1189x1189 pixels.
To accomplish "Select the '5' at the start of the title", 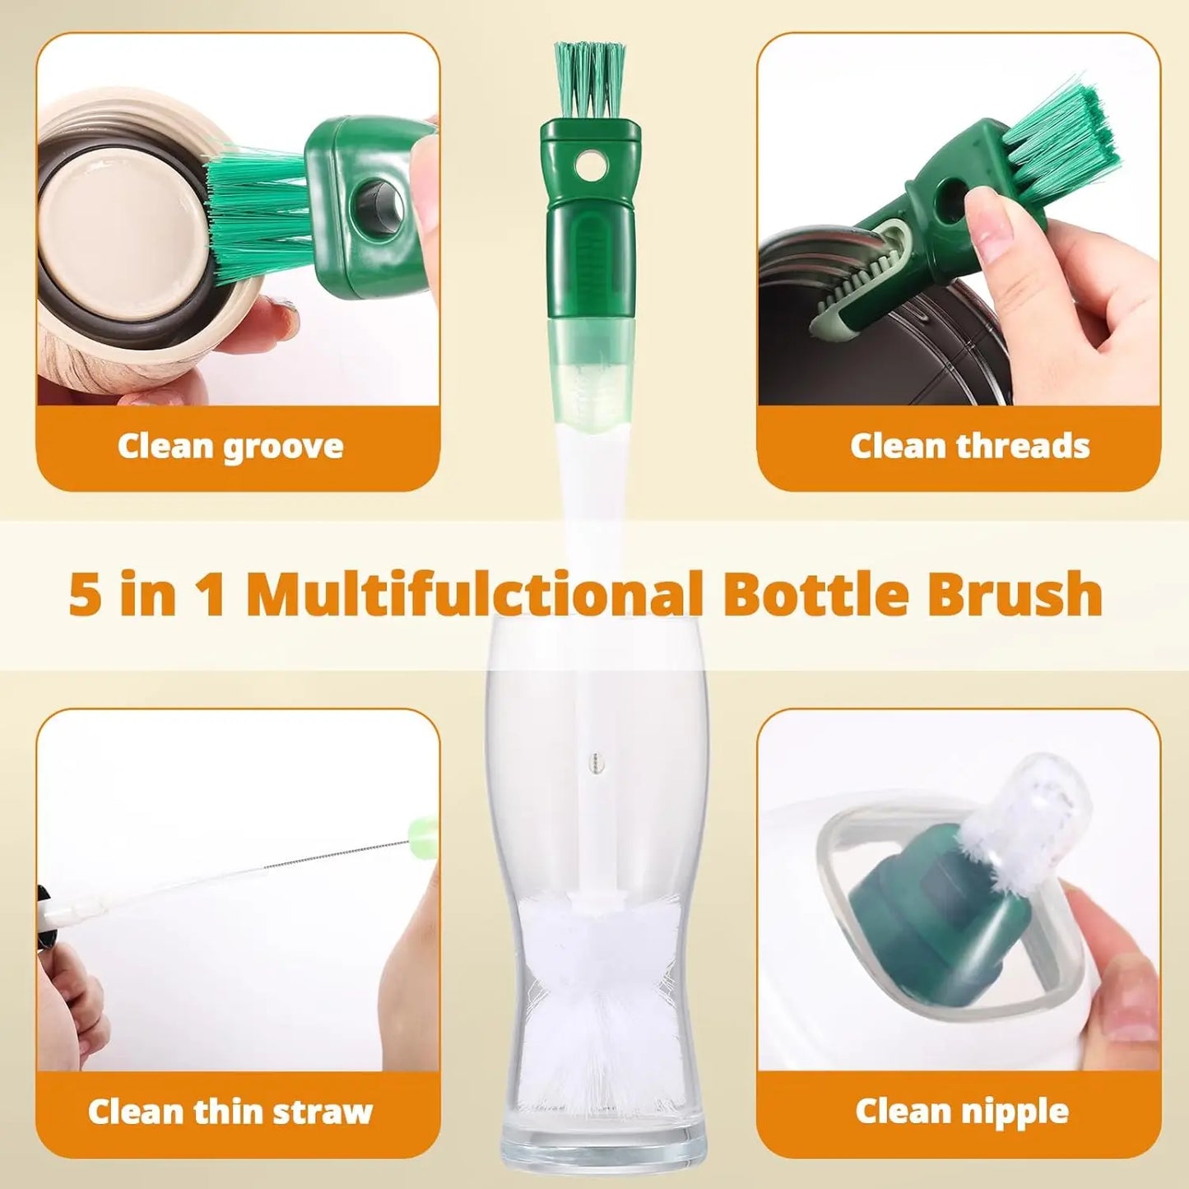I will [85, 594].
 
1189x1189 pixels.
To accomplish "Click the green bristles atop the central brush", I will [589, 77].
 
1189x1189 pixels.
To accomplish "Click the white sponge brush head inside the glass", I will [597, 987].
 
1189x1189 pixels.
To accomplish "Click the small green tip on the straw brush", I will [423, 825].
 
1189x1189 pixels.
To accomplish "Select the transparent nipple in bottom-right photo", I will [1037, 815].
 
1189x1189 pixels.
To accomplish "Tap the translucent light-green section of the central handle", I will [590, 362].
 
